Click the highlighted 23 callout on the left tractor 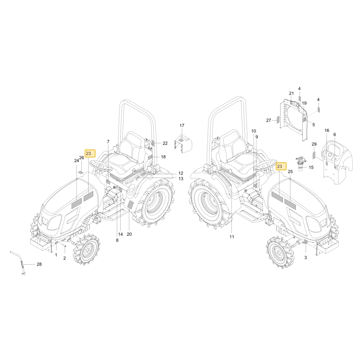[90, 153]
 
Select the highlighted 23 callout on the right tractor [281, 166]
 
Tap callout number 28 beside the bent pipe [39, 264]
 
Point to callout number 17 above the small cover [182, 126]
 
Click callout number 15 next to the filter [311, 167]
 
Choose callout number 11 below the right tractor [231, 237]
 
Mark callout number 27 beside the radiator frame [269, 120]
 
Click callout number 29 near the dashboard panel [314, 144]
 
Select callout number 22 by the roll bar [165, 143]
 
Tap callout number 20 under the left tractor [129, 234]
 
